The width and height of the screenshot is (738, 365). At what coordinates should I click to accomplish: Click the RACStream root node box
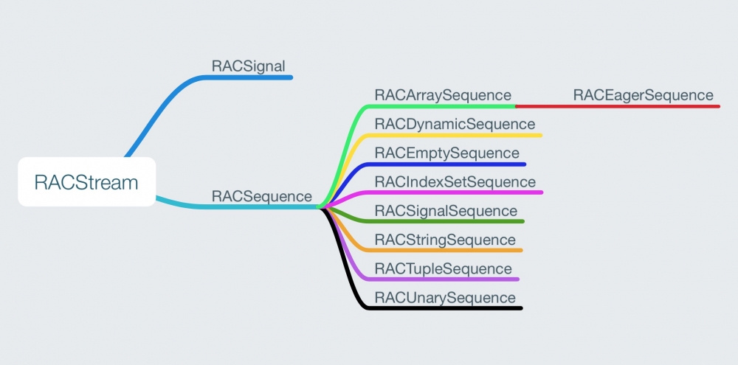click(86, 182)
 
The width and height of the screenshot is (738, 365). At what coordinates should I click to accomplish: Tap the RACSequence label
click(261, 196)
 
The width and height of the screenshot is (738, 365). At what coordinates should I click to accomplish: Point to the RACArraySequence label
click(443, 95)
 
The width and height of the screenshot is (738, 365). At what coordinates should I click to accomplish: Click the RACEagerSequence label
click(643, 95)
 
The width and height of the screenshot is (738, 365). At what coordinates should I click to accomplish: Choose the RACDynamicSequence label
click(455, 124)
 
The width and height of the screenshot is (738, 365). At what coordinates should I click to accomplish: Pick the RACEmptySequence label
click(446, 153)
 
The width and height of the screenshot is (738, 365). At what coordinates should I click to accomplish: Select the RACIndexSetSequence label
click(455, 181)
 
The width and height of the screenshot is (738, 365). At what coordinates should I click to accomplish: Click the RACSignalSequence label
click(446, 211)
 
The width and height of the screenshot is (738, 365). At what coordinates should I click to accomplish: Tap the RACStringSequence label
click(445, 240)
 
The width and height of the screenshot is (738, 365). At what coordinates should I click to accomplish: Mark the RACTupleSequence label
click(443, 268)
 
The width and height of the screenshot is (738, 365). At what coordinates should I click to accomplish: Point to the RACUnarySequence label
click(445, 297)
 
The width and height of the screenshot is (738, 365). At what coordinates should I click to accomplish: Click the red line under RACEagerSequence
click(620, 106)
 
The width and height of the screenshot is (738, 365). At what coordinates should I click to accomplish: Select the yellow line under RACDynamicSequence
click(458, 135)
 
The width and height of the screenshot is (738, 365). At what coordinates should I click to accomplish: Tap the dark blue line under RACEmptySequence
click(450, 164)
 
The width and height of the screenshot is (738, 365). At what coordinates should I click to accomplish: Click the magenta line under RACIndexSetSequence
click(458, 192)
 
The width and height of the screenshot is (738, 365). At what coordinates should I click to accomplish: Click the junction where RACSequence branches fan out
click(321, 206)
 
